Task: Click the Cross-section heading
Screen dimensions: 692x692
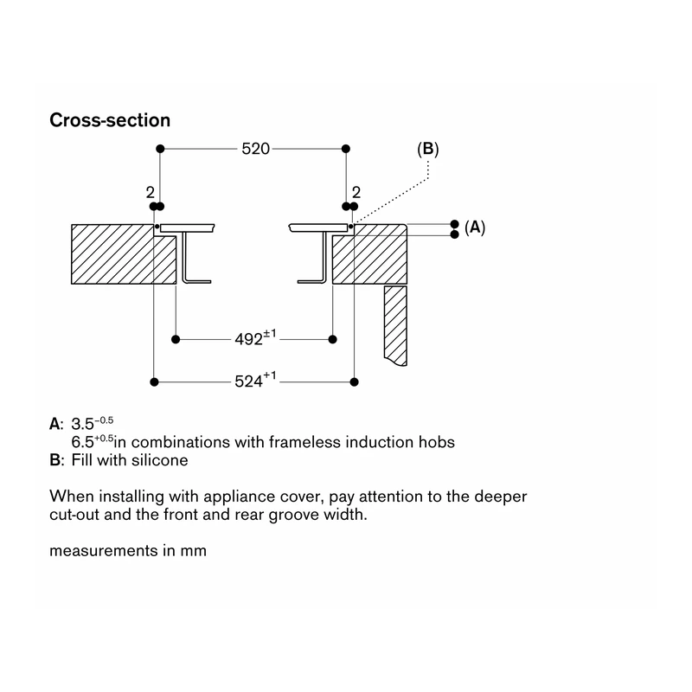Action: (110, 120)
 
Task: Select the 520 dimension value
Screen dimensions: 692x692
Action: (255, 149)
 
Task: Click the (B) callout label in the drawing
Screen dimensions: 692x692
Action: (428, 149)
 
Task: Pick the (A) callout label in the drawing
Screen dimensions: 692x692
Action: (475, 227)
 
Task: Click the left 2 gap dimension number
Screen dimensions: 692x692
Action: (150, 192)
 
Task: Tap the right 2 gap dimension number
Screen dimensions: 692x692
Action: (356, 192)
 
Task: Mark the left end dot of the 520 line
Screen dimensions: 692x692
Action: (160, 149)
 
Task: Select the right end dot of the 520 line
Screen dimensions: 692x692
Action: (346, 149)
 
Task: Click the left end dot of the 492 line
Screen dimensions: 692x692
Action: (176, 339)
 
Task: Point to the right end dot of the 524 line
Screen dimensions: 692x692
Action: (354, 381)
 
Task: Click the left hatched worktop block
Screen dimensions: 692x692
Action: (124, 254)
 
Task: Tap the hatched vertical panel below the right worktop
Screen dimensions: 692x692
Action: (395, 326)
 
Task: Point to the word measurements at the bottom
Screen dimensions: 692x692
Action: (103, 551)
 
